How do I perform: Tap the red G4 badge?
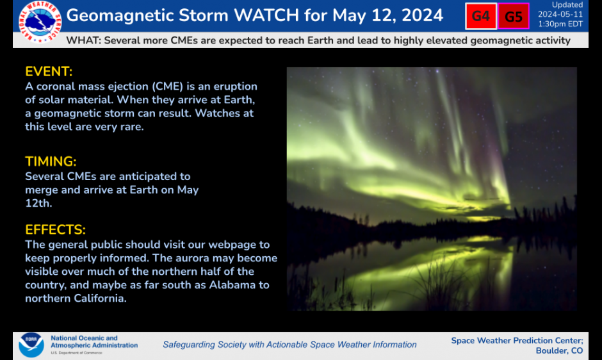point(481,17)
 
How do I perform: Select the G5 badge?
point(514,17)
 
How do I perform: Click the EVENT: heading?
point(49,72)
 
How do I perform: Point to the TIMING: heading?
point(51,161)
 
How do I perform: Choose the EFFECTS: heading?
point(55,229)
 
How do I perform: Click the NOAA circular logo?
point(31,345)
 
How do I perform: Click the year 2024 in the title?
point(419,15)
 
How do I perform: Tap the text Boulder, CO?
point(559,350)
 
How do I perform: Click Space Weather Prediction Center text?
point(517,340)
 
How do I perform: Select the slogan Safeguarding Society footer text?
point(289,345)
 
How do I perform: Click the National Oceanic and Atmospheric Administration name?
point(94,341)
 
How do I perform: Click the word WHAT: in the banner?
point(83,40)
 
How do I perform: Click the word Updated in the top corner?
point(567,5)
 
